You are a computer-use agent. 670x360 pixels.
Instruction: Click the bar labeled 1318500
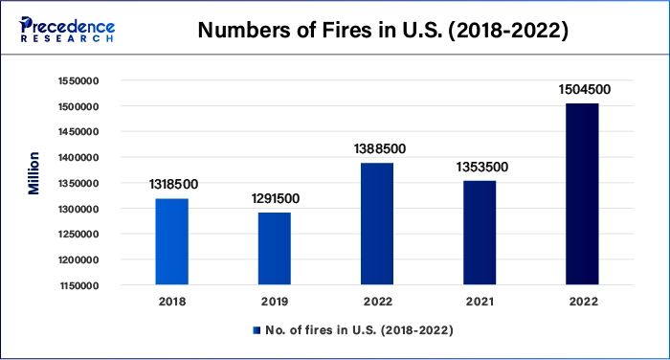click(x=172, y=241)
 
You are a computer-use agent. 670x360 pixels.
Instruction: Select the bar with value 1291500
click(x=275, y=248)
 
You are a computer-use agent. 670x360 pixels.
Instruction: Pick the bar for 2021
click(x=480, y=233)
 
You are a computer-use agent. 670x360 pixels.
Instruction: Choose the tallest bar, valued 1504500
click(x=582, y=193)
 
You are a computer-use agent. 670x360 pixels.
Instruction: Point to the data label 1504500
click(x=583, y=90)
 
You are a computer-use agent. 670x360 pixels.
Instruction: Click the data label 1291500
click(x=275, y=199)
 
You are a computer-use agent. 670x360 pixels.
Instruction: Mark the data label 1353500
click(x=480, y=167)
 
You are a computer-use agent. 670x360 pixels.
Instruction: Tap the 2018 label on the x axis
click(x=172, y=301)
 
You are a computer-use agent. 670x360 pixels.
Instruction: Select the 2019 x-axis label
click(x=275, y=301)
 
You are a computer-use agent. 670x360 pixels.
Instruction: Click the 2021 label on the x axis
click(x=480, y=301)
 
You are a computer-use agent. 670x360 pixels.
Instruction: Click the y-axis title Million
click(x=34, y=172)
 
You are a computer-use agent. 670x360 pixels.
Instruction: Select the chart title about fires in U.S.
click(x=383, y=30)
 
